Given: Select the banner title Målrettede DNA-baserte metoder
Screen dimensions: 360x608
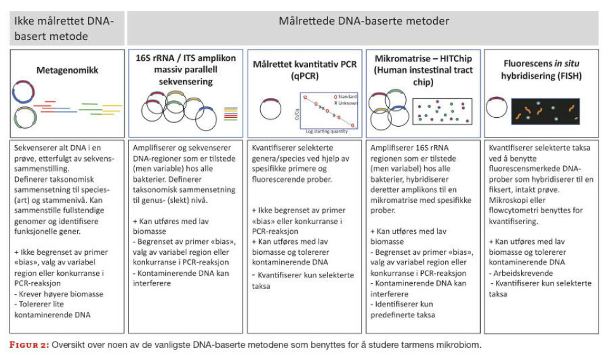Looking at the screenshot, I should tap(364, 21).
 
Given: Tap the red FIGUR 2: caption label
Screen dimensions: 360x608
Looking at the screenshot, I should tap(32, 346).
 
